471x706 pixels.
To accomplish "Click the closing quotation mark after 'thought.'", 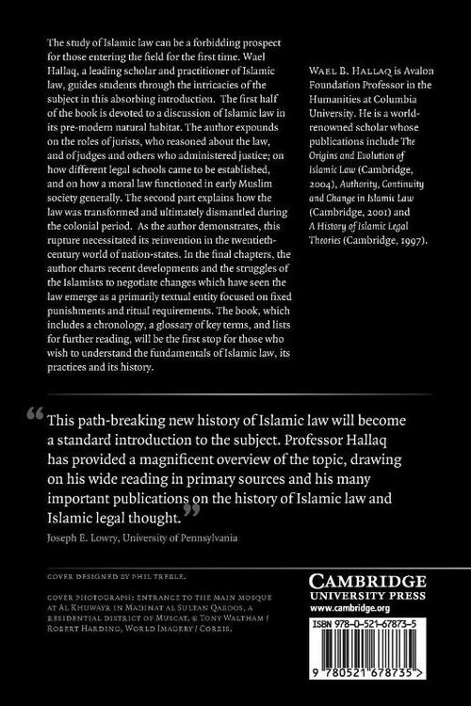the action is coord(192,509).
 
